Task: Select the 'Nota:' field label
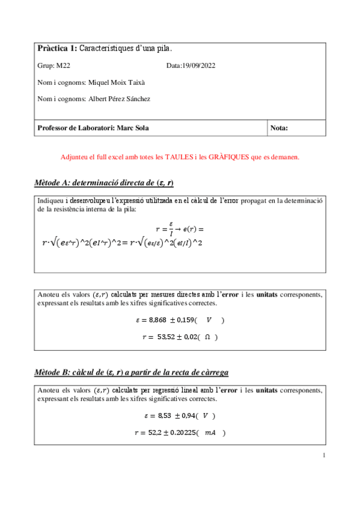(x=280, y=128)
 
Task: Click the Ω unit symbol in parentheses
(x=207, y=337)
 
